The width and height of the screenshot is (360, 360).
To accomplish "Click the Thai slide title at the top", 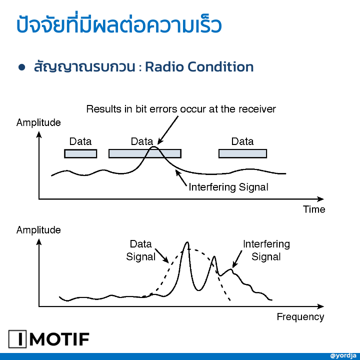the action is pos(119,24).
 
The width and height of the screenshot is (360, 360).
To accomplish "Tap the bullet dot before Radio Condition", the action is pos(22,67).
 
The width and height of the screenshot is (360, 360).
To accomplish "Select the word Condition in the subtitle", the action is pos(220,67).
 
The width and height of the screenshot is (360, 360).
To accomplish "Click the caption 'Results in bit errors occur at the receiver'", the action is pos(181,109).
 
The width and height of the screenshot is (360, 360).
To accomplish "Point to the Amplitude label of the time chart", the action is pos(38,122).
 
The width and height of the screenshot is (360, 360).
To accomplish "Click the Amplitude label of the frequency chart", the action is pos(38,230).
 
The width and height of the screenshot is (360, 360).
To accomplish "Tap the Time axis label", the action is pos(314,209).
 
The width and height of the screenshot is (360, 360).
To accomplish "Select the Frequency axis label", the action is pos(300,317).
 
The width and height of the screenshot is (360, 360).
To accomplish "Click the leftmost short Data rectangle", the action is pos(80,153).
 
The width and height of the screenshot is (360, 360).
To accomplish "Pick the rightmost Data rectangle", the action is pos(242,153).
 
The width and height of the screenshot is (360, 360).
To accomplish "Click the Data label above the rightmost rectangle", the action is pos(242,141).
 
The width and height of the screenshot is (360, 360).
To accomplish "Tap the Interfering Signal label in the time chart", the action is pos(228,187).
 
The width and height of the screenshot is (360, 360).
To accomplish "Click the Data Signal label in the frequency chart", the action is pos(140,250).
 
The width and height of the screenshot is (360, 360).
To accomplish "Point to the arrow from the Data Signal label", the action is pos(162,256).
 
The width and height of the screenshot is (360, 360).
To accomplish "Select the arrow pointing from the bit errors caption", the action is pos(168,130).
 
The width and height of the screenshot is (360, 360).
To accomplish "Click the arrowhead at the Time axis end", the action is pos(320,199).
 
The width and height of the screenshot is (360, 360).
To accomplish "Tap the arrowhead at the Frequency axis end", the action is pos(320,306).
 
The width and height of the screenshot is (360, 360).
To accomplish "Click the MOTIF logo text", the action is pos(59,339).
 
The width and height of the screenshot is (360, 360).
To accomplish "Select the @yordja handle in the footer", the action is pos(343,356).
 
